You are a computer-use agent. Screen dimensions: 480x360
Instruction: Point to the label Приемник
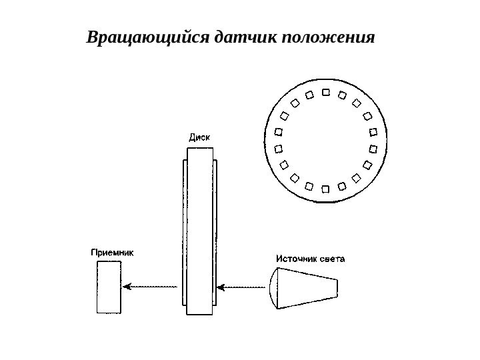click(113, 253)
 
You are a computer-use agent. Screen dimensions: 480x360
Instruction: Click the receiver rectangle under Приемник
click(109, 287)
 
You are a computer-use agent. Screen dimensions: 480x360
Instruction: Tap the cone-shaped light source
click(303, 287)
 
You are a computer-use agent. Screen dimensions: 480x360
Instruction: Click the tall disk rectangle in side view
click(200, 230)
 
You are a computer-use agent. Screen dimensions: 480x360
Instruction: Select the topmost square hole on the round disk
click(325, 93)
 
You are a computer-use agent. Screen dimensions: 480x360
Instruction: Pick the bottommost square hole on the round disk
click(325, 189)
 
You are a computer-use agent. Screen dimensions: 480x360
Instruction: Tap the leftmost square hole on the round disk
click(278, 148)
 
